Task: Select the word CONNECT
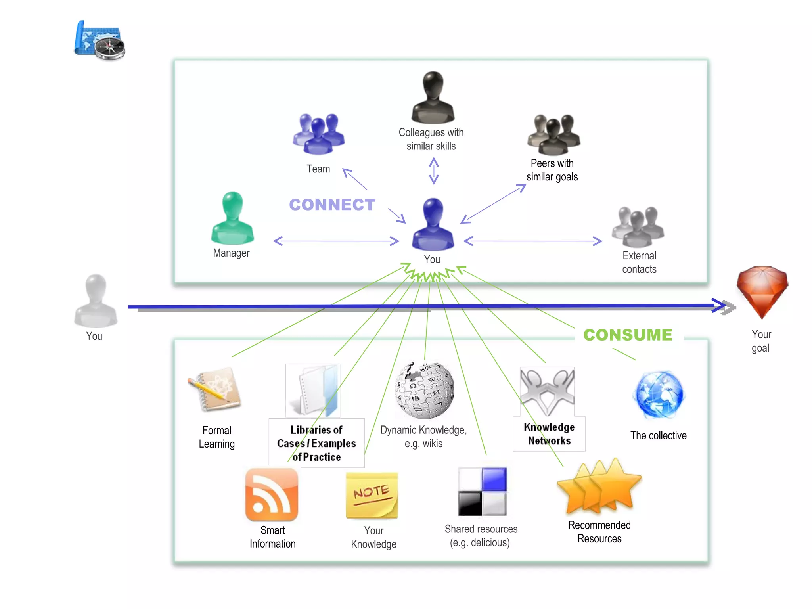point(332,205)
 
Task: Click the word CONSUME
point(628,335)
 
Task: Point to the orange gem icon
point(762,291)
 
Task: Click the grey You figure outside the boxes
point(96,301)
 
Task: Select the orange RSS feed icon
point(272,495)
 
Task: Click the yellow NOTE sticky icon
point(372,496)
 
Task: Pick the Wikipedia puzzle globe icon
point(425,390)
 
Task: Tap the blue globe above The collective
point(659,395)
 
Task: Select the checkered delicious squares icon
point(482,492)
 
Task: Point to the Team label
point(318,169)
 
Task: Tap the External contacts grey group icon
point(638,227)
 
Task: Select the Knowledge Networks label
point(549,434)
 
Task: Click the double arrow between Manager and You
point(336,241)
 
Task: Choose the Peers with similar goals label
point(552,170)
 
